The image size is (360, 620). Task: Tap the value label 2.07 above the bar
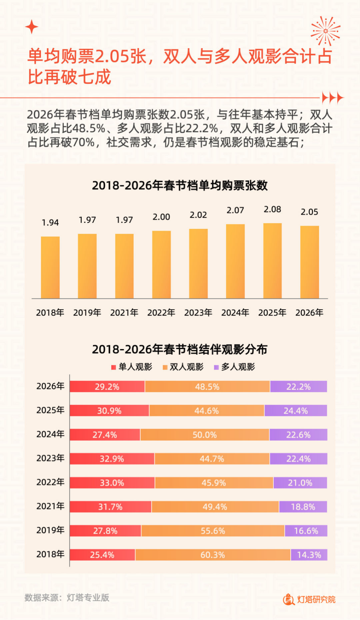pos(235,210)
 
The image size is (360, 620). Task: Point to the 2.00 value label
pos(161,217)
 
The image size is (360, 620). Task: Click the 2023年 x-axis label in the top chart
pos(198,313)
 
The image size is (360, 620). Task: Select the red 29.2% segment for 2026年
pos(107,387)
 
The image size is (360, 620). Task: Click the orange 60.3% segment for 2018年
pos(213,555)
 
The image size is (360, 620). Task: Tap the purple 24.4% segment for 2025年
pos(296,411)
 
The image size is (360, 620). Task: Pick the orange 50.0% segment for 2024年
pos(205,435)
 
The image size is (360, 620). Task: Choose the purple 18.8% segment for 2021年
pos(303,507)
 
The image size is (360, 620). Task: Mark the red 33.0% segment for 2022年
pos(112,483)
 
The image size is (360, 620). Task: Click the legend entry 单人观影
pos(132,367)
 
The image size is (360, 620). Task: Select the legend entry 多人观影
pos(234,367)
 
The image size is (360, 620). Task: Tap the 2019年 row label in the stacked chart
pos(50,530)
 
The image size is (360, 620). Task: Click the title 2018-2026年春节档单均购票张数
pos(180,185)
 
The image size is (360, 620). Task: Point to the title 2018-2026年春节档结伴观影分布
pos(180,349)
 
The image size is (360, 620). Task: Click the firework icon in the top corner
pos(325,31)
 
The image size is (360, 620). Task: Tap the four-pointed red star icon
pos(32,27)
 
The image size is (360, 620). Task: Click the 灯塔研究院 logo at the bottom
pos(309,599)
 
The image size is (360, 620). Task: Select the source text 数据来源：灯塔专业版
pos(67,598)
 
